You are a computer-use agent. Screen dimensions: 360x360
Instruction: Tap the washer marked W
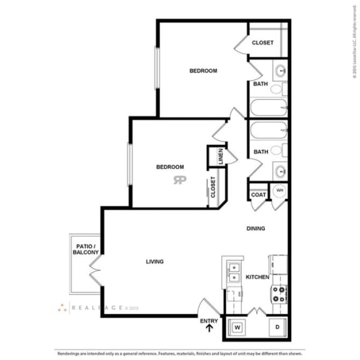point(237,326)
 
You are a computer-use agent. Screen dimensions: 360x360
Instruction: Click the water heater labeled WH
point(280,191)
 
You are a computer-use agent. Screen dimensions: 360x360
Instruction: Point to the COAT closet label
point(259,195)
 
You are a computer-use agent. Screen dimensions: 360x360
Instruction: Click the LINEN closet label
point(221,157)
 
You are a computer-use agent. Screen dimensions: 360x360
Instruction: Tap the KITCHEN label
point(257,277)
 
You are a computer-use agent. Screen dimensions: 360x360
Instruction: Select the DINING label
point(256,229)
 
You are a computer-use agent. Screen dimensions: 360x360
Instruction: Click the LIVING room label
point(154,261)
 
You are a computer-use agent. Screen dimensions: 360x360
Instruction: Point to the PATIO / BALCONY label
point(84,249)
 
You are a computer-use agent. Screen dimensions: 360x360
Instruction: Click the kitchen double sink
point(234,272)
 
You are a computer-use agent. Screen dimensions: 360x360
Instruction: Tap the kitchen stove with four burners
point(279,292)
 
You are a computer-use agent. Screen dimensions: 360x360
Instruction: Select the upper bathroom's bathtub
point(268,107)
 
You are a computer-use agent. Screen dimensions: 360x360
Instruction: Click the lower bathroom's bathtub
point(268,132)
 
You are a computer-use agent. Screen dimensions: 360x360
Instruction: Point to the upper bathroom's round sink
point(281,69)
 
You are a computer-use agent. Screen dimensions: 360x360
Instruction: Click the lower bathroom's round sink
point(281,170)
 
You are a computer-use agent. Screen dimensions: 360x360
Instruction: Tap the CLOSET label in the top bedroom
point(262,42)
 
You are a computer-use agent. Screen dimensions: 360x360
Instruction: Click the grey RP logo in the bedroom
point(180,181)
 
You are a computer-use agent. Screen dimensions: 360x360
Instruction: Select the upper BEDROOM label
point(203,71)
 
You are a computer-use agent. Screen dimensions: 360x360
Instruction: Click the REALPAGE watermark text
point(97,308)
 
